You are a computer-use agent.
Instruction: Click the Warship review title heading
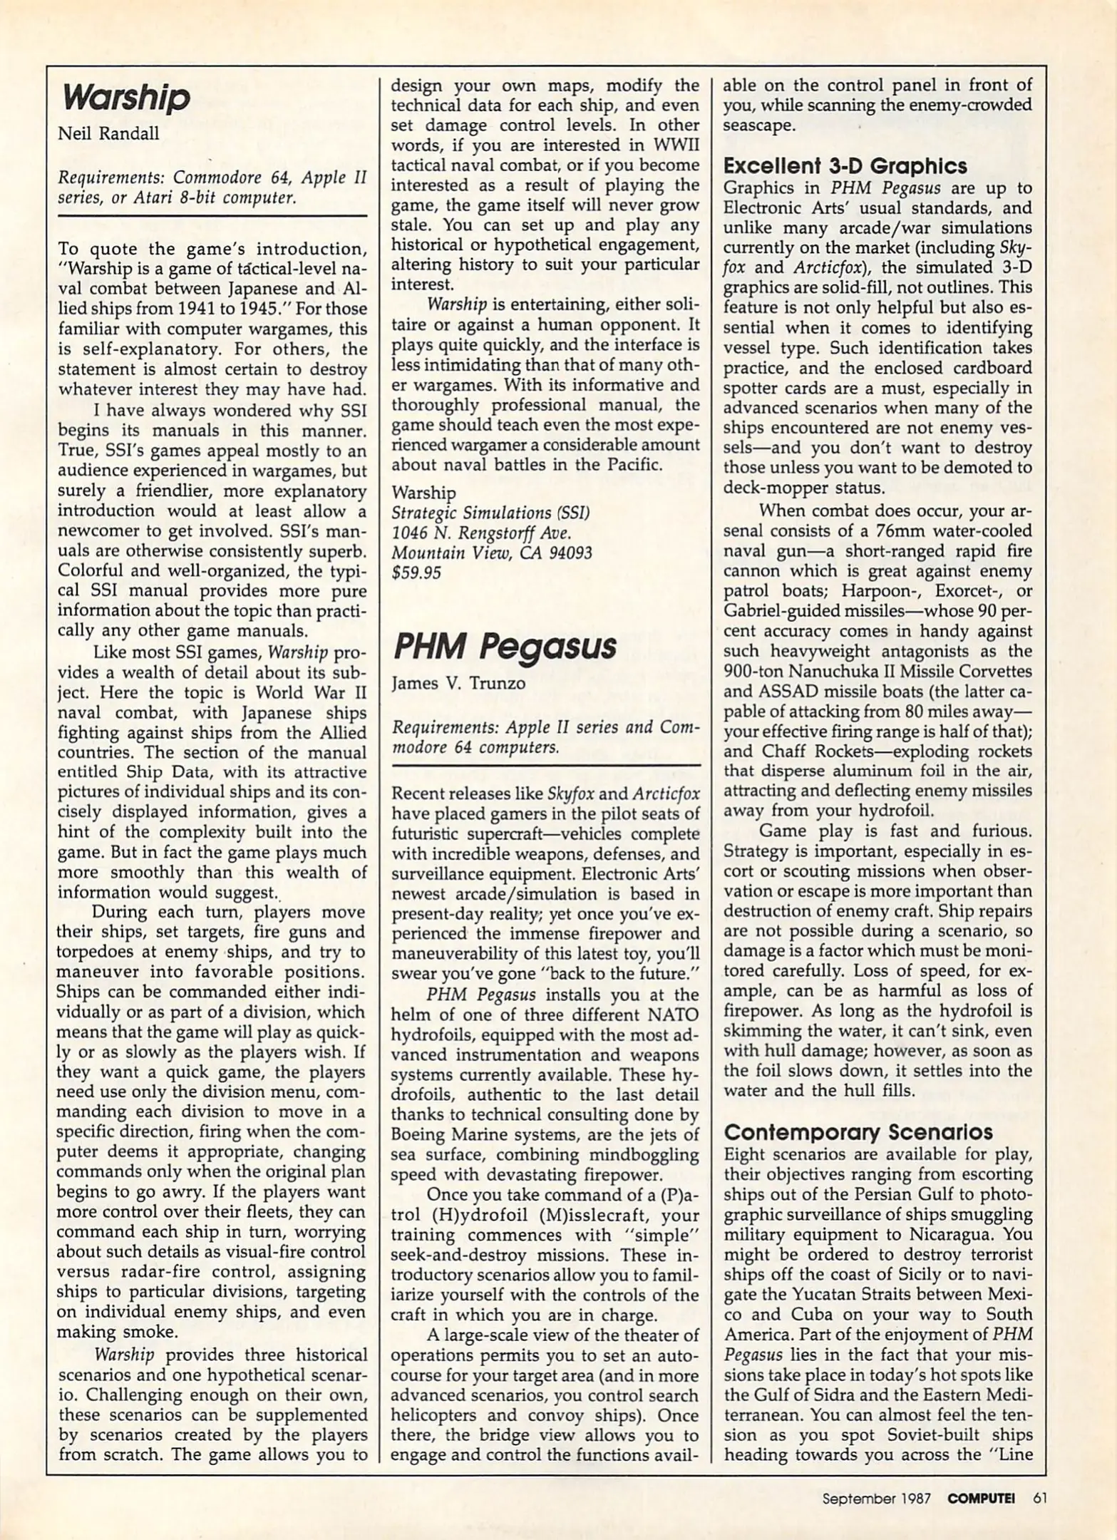coord(126,98)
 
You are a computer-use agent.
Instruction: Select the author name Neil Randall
coord(108,134)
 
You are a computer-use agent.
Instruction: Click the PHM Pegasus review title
coord(505,646)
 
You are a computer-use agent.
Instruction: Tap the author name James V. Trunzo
coord(458,683)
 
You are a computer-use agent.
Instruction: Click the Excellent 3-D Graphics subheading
coord(845,166)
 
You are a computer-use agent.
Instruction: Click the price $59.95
coord(416,573)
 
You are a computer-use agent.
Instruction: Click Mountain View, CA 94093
coord(492,553)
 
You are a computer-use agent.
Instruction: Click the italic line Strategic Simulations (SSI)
coord(490,513)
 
